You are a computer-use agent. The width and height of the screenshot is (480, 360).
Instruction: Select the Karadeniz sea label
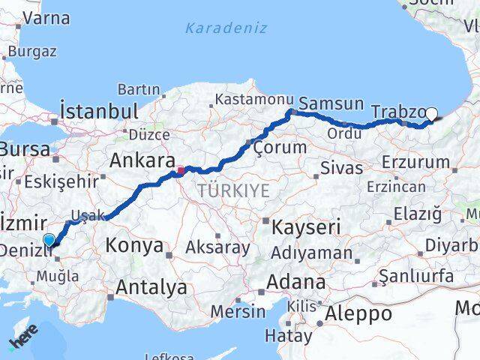coord(216,29)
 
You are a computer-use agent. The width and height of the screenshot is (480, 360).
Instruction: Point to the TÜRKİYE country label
coord(233,191)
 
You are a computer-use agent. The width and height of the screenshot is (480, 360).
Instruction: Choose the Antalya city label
coord(152,286)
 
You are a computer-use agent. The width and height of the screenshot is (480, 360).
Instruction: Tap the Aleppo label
coord(358,313)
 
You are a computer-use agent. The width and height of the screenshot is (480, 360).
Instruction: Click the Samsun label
coord(331,103)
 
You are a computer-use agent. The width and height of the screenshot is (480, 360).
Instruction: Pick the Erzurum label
coord(414,162)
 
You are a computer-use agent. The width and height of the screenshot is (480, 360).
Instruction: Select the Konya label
coord(134,245)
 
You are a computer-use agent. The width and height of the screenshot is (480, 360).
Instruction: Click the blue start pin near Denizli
coord(49,240)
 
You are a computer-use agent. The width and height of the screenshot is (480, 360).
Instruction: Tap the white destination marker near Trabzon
coord(432,114)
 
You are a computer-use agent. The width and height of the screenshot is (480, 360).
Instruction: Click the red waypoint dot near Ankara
coord(180,170)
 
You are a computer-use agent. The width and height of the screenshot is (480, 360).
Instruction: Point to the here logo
coord(22,341)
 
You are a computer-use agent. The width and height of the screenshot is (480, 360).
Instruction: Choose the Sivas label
coord(335,167)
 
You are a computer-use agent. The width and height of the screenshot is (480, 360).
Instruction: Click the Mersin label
coord(236,310)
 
